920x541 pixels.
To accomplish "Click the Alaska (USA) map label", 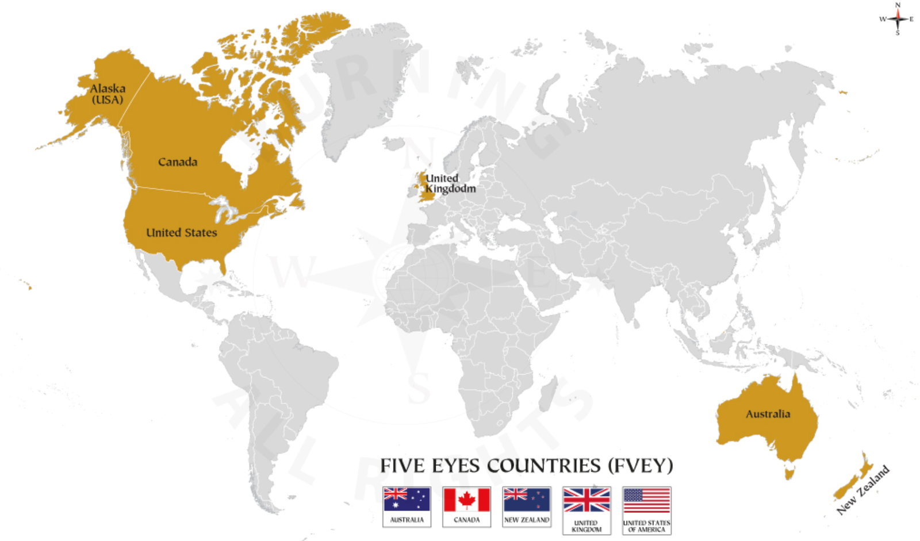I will (108, 94).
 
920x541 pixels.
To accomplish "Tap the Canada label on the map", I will (178, 162).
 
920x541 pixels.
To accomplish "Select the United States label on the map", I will (181, 233).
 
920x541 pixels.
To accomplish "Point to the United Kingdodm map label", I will (450, 183).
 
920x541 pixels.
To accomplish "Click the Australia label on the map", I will (768, 414).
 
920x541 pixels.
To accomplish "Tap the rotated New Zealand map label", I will (862, 489).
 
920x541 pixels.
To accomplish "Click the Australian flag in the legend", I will (407, 500).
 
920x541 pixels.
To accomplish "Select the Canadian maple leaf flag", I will (466, 500).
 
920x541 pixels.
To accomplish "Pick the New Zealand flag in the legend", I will (526, 500).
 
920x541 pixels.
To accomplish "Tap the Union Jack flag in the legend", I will (586, 500).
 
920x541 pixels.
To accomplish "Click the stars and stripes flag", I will (647, 500).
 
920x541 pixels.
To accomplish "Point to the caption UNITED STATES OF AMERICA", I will (647, 526).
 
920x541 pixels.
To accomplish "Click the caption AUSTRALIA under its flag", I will (407, 520).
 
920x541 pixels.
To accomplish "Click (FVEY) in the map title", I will (640, 466).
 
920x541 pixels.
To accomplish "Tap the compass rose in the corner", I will (898, 19).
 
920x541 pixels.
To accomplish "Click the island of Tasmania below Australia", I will (790, 473).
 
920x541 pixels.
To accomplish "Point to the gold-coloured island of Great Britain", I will (427, 187).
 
